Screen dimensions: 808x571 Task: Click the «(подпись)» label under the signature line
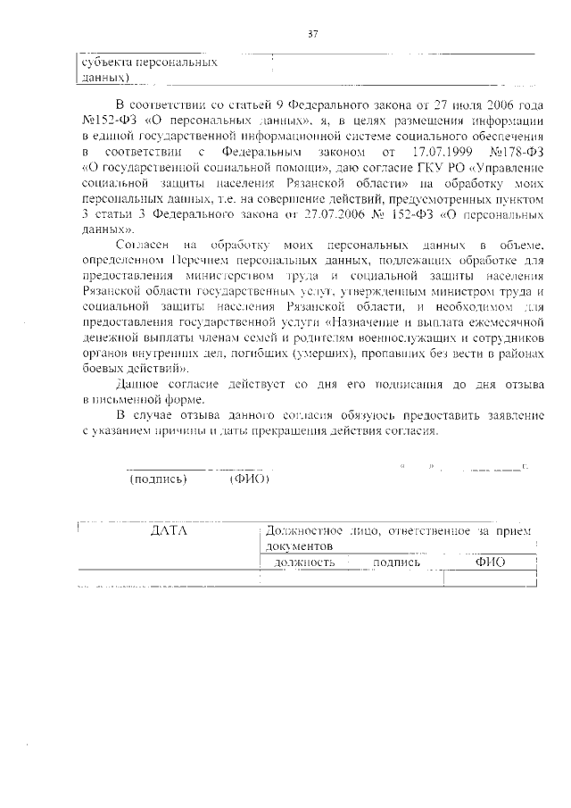click(158, 479)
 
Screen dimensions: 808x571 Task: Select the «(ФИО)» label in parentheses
click(249, 479)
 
